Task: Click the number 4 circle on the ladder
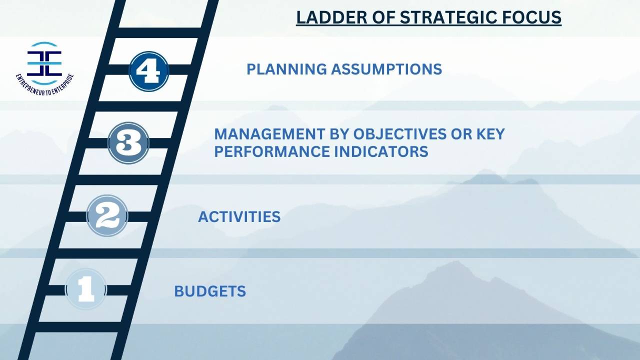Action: tap(148, 71)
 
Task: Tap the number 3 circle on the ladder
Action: tap(128, 143)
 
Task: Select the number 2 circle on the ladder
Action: tap(107, 216)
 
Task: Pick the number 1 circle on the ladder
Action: tap(86, 289)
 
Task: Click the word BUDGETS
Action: tap(210, 291)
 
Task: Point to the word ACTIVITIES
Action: tap(239, 217)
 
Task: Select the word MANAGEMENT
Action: tap(265, 134)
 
